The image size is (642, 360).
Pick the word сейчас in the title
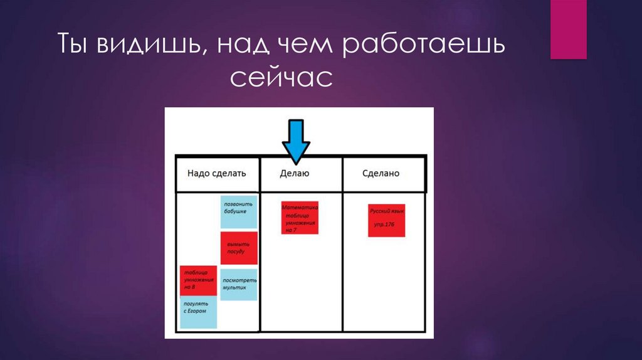pyautogui.click(x=280, y=80)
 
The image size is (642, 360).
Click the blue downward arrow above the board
pyautogui.click(x=295, y=141)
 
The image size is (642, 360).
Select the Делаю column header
pyautogui.click(x=295, y=173)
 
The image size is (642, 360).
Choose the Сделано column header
pyautogui.click(x=381, y=173)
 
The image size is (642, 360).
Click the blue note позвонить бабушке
pyautogui.click(x=238, y=211)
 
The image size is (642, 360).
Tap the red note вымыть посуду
pyautogui.click(x=239, y=248)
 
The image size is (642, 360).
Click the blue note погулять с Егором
pyautogui.click(x=198, y=312)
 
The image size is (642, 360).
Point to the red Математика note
pyautogui.click(x=300, y=218)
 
